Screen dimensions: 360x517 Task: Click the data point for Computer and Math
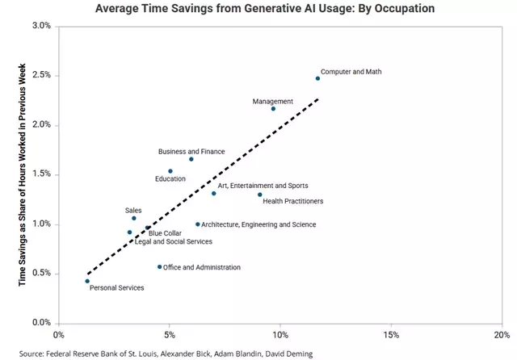pyautogui.click(x=317, y=78)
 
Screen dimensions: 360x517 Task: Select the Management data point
pyautogui.click(x=273, y=108)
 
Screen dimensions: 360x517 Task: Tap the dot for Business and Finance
pyautogui.click(x=191, y=159)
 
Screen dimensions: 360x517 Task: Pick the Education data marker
pyautogui.click(x=170, y=171)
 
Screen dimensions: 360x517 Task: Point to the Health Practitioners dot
pyautogui.click(x=259, y=195)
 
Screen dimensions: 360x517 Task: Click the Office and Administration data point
pyautogui.click(x=159, y=266)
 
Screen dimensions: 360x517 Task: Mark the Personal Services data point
pyautogui.click(x=87, y=281)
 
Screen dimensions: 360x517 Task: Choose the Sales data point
pyautogui.click(x=134, y=218)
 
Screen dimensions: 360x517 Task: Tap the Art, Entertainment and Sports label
pyautogui.click(x=263, y=185)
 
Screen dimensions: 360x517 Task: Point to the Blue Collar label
pyautogui.click(x=165, y=233)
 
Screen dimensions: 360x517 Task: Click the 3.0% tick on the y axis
pyautogui.click(x=40, y=26)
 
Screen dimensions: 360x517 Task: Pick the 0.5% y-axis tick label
pyautogui.click(x=40, y=273)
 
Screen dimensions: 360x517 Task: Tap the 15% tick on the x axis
pyautogui.click(x=391, y=333)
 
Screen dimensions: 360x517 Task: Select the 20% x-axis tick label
pyautogui.click(x=502, y=333)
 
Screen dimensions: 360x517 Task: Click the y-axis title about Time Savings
pyautogui.click(x=22, y=174)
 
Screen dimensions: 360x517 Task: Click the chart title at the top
pyautogui.click(x=258, y=8)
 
